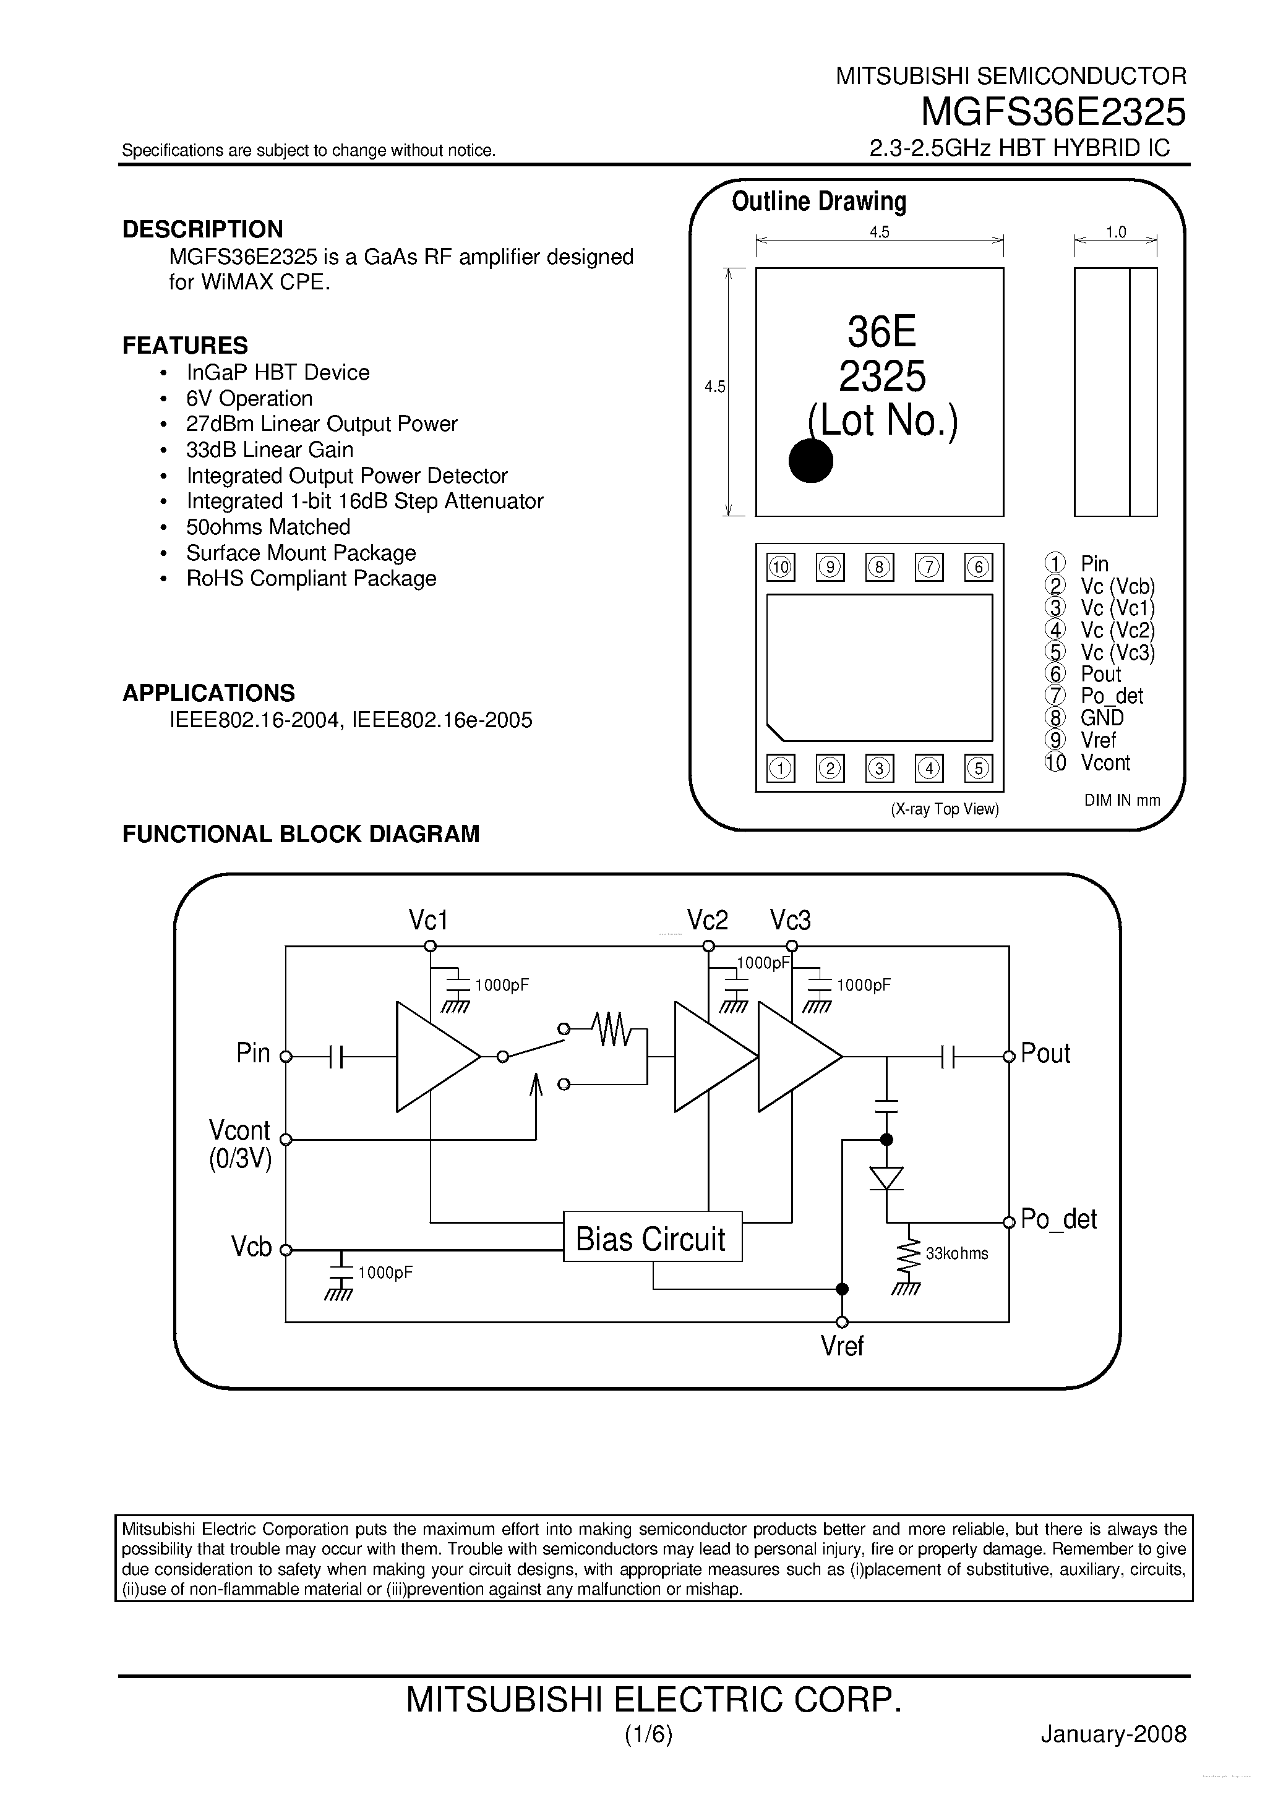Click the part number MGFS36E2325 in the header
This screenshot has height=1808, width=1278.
click(x=1053, y=112)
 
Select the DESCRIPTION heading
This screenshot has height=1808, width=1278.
click(x=202, y=229)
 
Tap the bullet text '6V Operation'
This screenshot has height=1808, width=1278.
click(x=249, y=398)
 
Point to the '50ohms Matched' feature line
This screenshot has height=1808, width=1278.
click(x=268, y=527)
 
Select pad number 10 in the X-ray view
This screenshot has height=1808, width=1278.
click(x=780, y=567)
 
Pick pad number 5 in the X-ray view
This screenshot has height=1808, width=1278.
click(x=978, y=769)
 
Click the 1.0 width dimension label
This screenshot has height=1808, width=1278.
click(x=1116, y=232)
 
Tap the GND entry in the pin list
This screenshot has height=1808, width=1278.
click(x=1102, y=718)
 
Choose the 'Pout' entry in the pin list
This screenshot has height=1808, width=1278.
click(x=1100, y=674)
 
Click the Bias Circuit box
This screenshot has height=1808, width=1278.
click(x=651, y=1239)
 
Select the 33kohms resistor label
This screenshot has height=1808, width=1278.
click(x=956, y=1253)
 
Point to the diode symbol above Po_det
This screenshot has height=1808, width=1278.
click(x=886, y=1179)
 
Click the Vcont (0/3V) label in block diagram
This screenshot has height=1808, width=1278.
click(x=239, y=1144)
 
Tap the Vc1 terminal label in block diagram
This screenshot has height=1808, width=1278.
click(x=428, y=919)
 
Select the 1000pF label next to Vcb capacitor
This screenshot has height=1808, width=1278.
click(x=385, y=1273)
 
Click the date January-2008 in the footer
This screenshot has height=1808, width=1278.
click(x=1113, y=1734)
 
